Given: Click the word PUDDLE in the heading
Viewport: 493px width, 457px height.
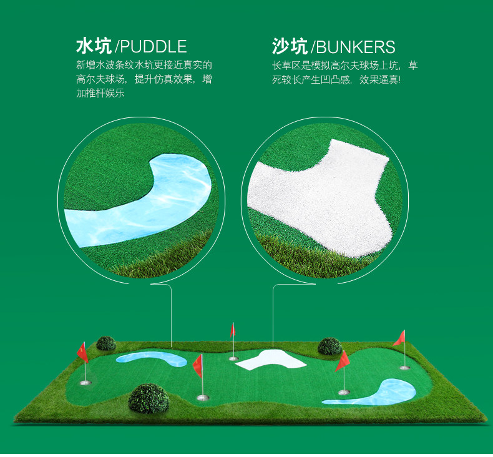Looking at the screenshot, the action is tap(154, 46).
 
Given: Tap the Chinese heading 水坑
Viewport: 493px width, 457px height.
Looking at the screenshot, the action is tap(94, 46).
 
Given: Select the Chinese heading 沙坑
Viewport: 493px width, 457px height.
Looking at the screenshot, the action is tap(290, 46).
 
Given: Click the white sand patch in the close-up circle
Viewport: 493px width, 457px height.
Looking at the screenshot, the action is tap(318, 194).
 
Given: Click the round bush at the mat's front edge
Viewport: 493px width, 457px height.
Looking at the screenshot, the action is tap(149, 398).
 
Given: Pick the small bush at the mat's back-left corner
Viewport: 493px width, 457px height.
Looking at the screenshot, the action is tap(106, 343).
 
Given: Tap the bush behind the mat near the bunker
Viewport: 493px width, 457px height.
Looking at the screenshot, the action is tap(329, 346).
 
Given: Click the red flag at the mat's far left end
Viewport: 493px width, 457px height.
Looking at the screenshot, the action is tap(82, 352).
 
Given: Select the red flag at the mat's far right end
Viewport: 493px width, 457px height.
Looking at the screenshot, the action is tap(400, 338).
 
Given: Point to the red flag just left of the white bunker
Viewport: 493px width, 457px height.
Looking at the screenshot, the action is tap(233, 329).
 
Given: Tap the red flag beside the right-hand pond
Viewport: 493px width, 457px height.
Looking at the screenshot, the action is tap(343, 361).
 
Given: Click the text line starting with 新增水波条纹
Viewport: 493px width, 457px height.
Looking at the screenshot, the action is tap(144, 64).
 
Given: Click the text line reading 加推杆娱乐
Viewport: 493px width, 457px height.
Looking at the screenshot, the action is tap(100, 94).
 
